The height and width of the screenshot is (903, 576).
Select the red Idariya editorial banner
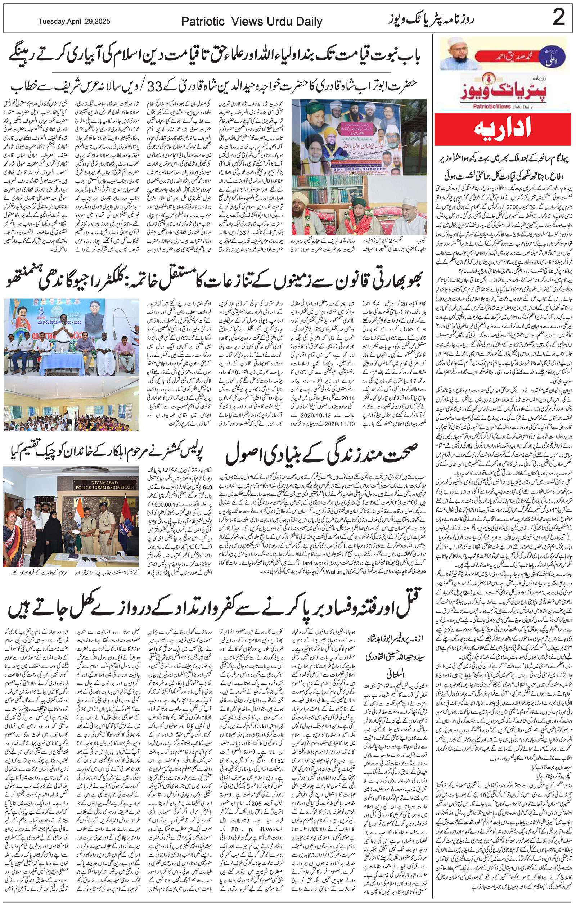coord(503,129)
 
